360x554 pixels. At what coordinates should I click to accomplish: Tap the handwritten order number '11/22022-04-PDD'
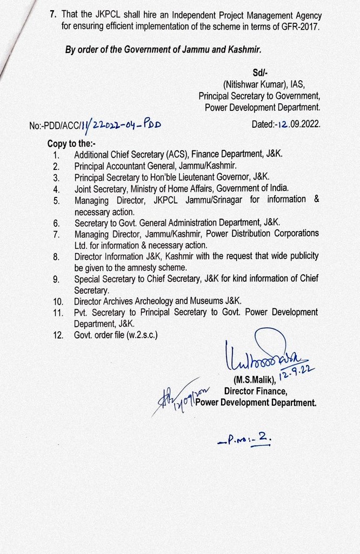tap(122, 124)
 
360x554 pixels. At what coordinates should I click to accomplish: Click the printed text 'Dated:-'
tap(265, 123)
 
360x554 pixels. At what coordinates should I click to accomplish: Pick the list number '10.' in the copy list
tap(58, 301)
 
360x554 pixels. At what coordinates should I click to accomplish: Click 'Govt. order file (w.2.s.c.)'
tap(116, 335)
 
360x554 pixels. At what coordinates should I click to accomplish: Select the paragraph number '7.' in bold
tap(54, 13)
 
